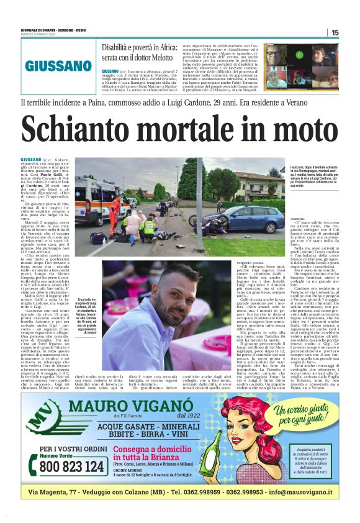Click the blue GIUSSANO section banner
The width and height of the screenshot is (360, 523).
pos(58,65)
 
